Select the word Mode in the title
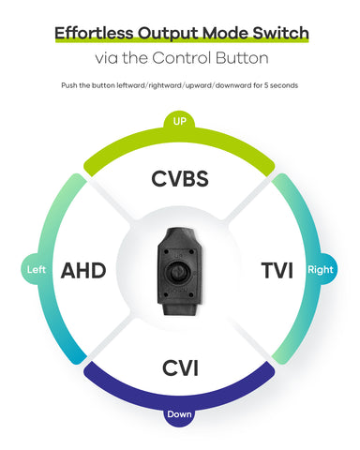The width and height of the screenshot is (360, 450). pyautogui.click(x=225, y=34)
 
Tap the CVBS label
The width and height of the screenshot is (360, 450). pyautogui.click(x=181, y=179)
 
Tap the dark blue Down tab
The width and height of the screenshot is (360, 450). pyautogui.click(x=180, y=414)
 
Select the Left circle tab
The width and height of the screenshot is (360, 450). pyautogui.click(x=37, y=270)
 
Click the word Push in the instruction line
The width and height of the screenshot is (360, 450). pyautogui.click(x=71, y=85)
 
